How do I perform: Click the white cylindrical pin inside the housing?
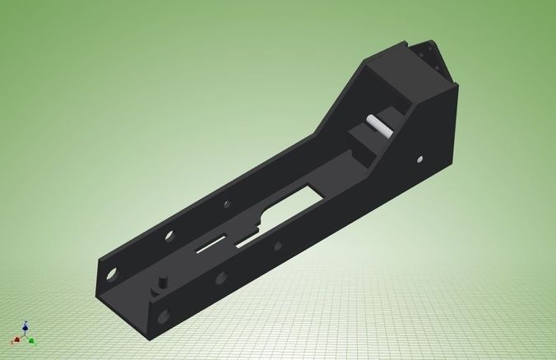coord(378,124)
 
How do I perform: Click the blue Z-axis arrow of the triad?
coord(25,330)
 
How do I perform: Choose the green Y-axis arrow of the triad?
coord(31,339)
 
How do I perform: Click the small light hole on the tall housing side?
coord(421,157)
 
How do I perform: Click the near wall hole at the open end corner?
coord(164,314)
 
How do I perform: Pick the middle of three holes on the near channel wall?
coord(220,279)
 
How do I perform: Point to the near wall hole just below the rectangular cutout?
coord(278,246)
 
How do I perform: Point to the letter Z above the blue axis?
coord(26,323)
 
